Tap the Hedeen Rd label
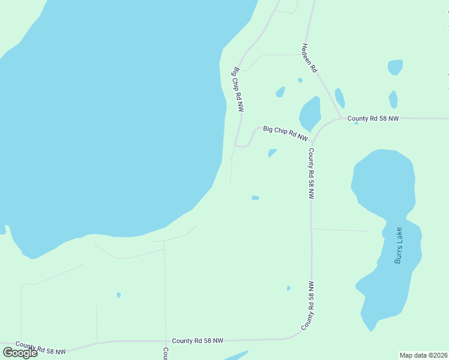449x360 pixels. point(310,58)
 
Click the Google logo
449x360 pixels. point(20,353)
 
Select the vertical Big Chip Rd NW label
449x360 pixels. point(238,89)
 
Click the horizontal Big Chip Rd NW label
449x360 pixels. point(285,133)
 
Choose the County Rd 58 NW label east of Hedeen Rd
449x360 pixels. point(373,119)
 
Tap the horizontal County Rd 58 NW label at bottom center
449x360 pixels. point(197,341)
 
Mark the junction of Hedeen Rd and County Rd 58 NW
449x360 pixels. point(341,118)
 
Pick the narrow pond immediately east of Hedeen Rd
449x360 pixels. point(340,98)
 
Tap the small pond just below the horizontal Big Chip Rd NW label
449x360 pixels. point(273,152)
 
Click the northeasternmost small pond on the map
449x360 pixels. point(395,67)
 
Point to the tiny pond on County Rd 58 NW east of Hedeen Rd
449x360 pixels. point(357,123)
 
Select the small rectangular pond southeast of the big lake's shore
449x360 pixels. point(255,197)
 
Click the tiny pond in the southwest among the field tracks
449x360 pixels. point(119,295)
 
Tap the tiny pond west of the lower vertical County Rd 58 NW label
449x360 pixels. point(289,289)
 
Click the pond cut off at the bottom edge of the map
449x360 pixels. point(237,355)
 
